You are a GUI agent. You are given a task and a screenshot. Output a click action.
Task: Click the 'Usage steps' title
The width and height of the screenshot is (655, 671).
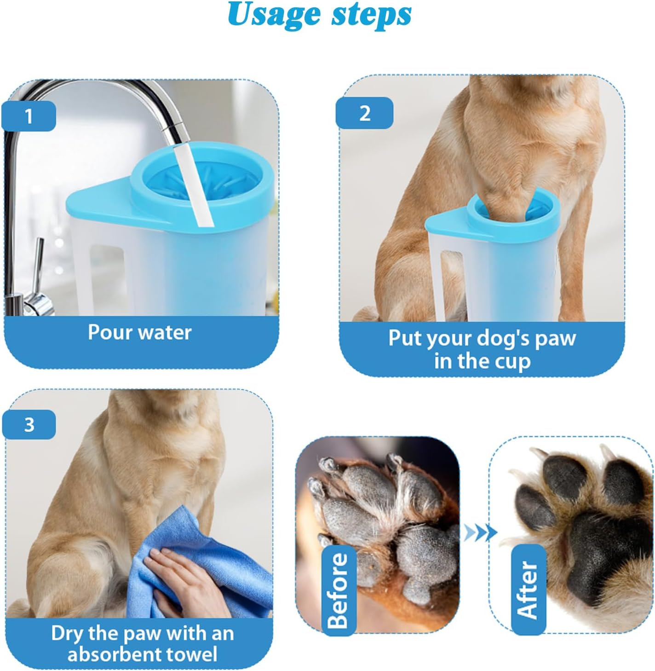coord(319,15)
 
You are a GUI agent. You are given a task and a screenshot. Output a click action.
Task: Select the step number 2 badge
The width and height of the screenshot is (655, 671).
coord(364,113)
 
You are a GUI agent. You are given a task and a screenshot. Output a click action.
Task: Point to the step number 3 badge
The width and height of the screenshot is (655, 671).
coord(29,424)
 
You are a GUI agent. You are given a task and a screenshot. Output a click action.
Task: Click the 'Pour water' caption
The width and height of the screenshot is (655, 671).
coord(139,332)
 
